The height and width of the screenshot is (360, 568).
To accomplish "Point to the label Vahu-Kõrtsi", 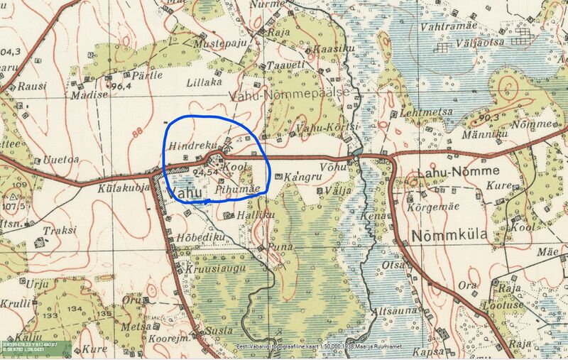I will [319, 126].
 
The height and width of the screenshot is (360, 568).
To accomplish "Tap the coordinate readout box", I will [35, 348].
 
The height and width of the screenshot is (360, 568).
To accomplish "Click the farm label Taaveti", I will [280, 65].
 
